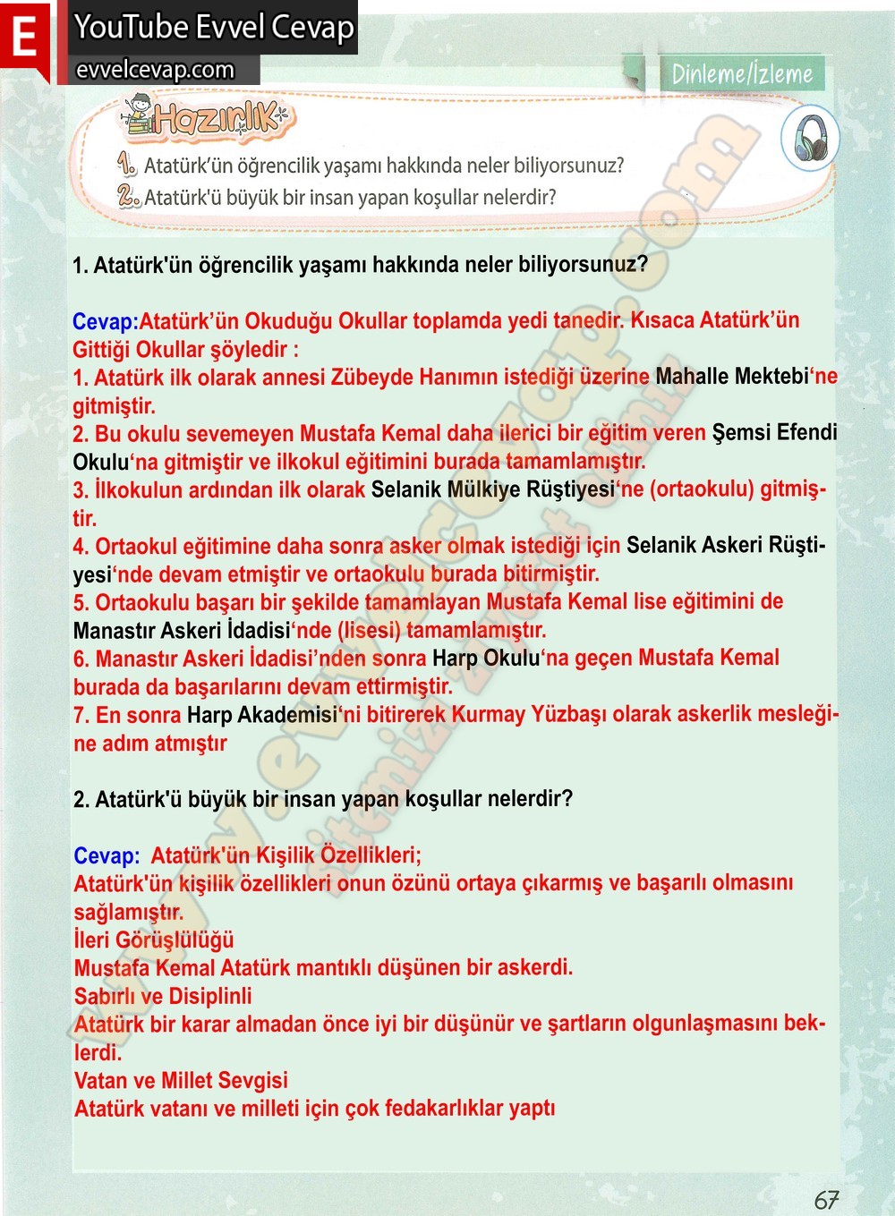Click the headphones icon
pyautogui.click(x=810, y=138)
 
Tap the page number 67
pyautogui.click(x=826, y=1199)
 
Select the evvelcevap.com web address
pyautogui.click(x=156, y=70)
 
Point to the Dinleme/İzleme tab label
pyautogui.click(x=742, y=73)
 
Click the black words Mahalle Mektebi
pyautogui.click(x=731, y=376)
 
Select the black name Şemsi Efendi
pyautogui.click(x=774, y=432)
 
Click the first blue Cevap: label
pyautogui.click(x=106, y=321)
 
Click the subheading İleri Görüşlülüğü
pyautogui.click(x=154, y=940)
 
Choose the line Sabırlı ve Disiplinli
pyautogui.click(x=163, y=996)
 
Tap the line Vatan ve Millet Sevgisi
pyautogui.click(x=181, y=1080)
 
